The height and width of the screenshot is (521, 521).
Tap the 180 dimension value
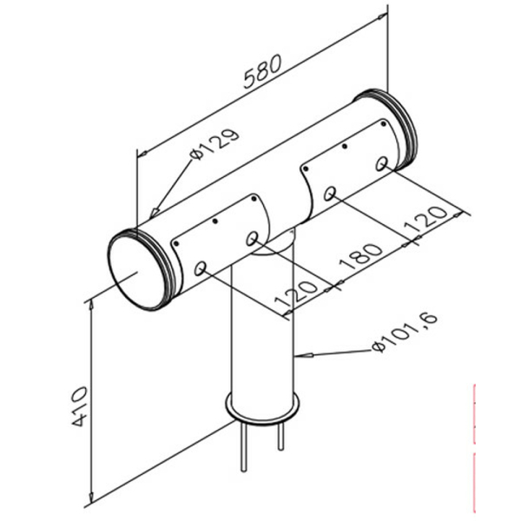click(363, 258)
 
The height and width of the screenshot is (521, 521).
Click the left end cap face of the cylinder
click(135, 270)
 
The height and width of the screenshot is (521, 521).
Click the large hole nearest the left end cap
click(201, 269)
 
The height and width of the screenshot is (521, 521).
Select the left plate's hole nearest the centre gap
click(252, 238)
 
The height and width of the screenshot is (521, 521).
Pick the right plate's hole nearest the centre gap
click(330, 193)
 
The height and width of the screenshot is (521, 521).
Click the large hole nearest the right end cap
click(382, 163)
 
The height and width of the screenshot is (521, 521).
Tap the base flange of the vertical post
click(263, 406)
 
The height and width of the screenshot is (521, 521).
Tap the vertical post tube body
click(263, 330)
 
